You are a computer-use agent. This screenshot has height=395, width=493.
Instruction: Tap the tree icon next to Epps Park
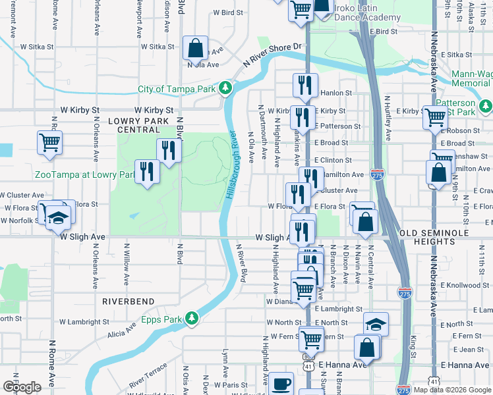[192, 319]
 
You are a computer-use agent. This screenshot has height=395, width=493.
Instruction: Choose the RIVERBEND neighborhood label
[128, 301]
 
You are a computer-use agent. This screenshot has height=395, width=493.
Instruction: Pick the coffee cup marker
[281, 383]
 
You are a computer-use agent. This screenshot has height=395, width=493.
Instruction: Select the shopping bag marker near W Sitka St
[196, 48]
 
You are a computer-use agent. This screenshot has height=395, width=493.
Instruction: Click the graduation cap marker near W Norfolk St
[59, 217]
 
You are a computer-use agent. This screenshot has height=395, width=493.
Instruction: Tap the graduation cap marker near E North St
[376, 324]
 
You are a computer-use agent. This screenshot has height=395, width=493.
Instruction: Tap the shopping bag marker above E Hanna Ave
[367, 347]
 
